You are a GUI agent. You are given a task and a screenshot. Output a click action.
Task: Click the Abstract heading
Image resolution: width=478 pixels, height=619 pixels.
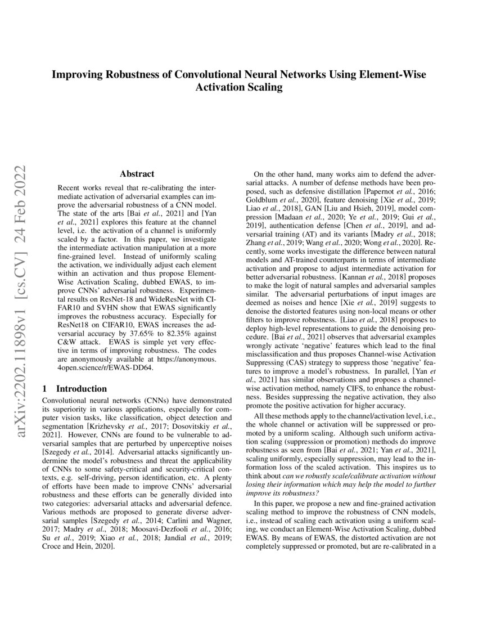coord(137,174)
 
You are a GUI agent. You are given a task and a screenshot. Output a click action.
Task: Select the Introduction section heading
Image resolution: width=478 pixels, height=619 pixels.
coord(82,388)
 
